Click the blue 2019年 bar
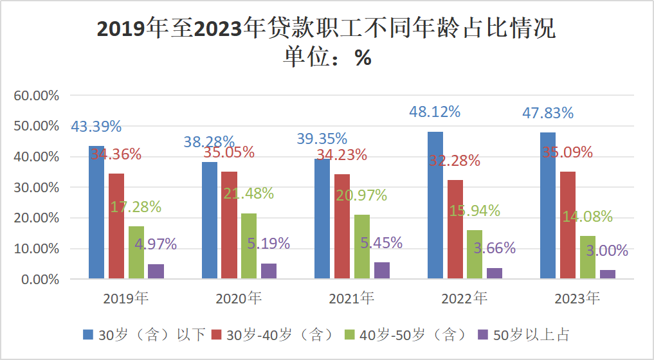[x=96, y=212]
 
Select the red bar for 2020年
[x=230, y=225]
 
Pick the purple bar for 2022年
[x=495, y=273]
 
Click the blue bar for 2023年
[x=548, y=206]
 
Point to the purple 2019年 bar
[x=156, y=271]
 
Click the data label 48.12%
[x=435, y=112]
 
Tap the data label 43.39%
[x=96, y=127]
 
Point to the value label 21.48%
[x=249, y=193]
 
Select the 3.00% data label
[x=607, y=251]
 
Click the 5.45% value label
[x=381, y=243]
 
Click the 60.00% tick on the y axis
[x=37, y=96]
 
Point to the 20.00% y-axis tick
[x=37, y=218]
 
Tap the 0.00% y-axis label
[x=40, y=280]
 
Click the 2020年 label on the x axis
[x=239, y=299]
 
